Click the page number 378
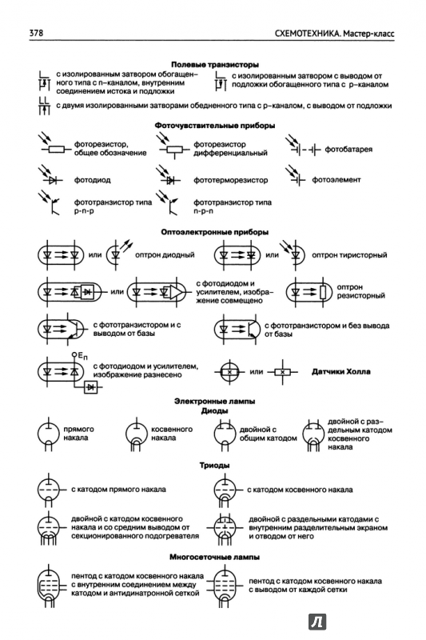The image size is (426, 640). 36,33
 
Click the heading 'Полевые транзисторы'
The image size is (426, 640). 215,65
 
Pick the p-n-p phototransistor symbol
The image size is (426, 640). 50,203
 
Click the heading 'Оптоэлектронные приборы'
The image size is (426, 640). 215,232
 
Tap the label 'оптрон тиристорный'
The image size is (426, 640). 349,255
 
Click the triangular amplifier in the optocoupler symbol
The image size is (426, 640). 176,292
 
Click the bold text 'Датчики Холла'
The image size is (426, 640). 340,372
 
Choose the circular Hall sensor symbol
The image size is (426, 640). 229,372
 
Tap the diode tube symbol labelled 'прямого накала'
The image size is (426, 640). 49,434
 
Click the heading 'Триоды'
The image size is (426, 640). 215,466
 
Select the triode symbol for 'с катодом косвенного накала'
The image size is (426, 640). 225,490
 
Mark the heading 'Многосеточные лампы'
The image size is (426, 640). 215,557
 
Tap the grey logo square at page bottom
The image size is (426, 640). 317,622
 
